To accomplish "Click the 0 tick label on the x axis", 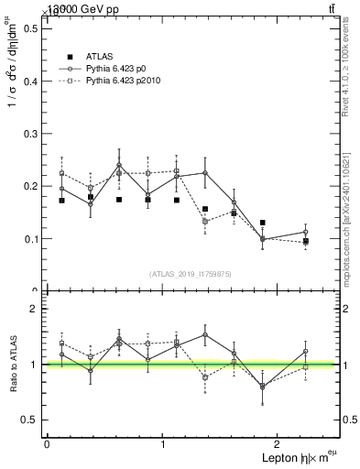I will click(x=47, y=443).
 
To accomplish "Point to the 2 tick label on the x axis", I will click(x=278, y=443).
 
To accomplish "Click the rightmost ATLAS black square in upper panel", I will click(x=306, y=242).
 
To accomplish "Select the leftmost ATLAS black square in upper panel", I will click(x=61, y=201).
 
